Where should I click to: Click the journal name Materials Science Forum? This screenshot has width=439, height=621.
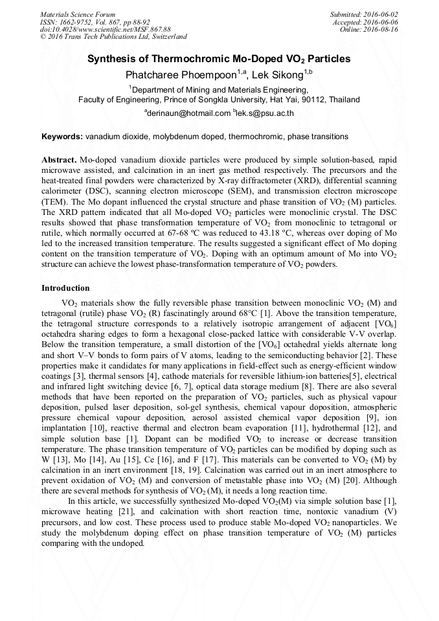pyautogui.click(x=78, y=14)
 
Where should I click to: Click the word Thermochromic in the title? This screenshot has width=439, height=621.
pyautogui.click(x=179, y=59)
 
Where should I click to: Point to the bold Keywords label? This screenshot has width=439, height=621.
pyautogui.click(x=62, y=137)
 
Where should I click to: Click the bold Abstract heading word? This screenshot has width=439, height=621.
pyautogui.click(x=60, y=159)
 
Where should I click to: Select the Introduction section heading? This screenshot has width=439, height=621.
pyautogui.click(x=65, y=288)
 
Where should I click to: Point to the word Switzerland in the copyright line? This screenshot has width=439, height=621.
pyautogui.click(x=166, y=37)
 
